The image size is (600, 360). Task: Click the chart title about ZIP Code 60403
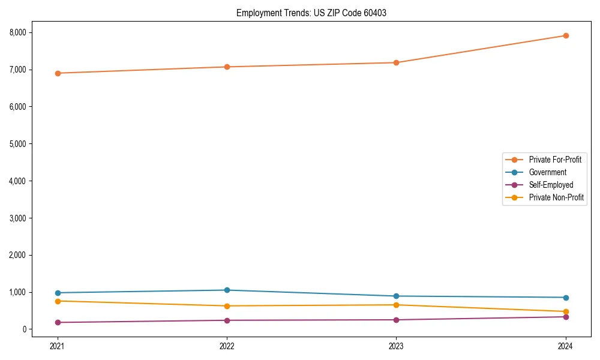(311, 13)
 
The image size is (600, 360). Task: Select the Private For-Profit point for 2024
(565, 35)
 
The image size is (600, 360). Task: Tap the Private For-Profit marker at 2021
(58, 73)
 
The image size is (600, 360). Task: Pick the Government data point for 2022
(227, 290)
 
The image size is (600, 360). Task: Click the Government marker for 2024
(565, 298)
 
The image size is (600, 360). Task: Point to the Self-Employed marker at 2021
(58, 322)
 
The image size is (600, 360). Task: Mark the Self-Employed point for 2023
(396, 320)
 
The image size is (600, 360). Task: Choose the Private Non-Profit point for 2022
(227, 306)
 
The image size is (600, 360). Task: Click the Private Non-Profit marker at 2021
(58, 301)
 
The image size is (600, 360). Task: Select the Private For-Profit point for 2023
(396, 62)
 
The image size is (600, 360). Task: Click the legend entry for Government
(547, 172)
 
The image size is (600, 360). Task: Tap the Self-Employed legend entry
(551, 185)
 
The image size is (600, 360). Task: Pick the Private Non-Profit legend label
(556, 197)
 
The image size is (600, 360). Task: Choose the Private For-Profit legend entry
(555, 160)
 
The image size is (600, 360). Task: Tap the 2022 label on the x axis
(227, 346)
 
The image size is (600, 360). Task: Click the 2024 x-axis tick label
(565, 346)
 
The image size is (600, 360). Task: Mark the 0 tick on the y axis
(25, 329)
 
